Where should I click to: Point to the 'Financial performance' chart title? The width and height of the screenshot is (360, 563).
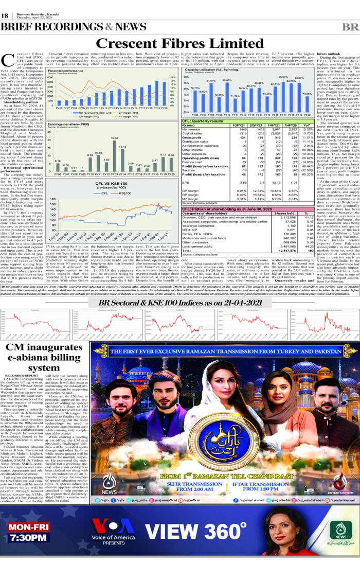point(66,70)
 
